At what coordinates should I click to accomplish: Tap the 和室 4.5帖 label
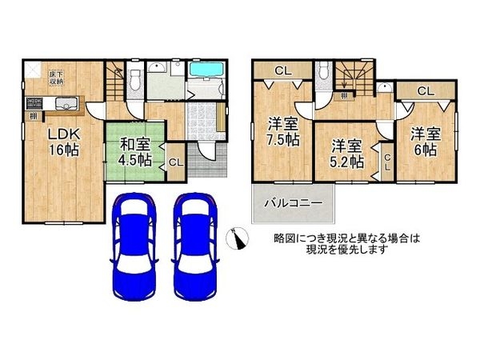(136, 151)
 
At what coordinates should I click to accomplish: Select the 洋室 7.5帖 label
(283, 131)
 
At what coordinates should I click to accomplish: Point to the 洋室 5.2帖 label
(348, 153)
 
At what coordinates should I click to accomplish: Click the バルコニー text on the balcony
(294, 205)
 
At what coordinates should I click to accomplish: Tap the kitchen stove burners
(34, 102)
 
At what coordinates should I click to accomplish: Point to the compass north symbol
(235, 238)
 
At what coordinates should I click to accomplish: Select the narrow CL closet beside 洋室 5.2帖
(386, 163)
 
